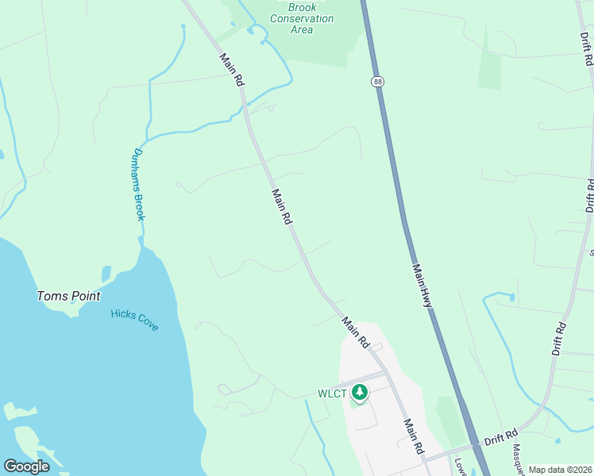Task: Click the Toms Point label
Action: pos(69,296)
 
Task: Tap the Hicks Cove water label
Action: pos(134,319)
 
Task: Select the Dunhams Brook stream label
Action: pos(139,184)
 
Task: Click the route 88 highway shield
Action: pos(376,81)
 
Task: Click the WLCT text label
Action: pos(332,393)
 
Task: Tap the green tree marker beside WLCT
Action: pos(360,392)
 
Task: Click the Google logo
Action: pos(26,466)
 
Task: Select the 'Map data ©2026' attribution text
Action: pos(560,470)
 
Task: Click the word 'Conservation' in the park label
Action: pos(302,18)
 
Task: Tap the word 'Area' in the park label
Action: pos(302,29)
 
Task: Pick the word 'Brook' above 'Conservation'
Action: pos(302,6)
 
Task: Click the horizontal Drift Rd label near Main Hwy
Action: pos(501,435)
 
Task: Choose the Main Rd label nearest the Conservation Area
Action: pos(231,69)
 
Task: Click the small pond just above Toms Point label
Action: pos(106,274)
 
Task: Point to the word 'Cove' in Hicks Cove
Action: pos(146,324)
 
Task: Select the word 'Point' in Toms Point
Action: pos(85,296)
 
